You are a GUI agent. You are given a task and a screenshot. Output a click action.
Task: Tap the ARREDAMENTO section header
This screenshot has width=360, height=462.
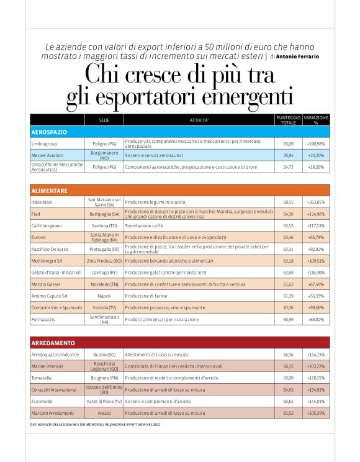[x=53, y=343]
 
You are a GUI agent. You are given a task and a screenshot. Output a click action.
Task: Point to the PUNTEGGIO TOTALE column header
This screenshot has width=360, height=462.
[x=288, y=120]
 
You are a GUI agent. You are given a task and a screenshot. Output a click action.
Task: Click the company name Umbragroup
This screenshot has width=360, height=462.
[x=45, y=143]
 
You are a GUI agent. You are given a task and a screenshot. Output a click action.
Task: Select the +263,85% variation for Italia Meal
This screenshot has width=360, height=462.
[x=315, y=202]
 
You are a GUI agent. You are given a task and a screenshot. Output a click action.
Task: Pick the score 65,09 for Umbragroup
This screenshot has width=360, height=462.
[x=288, y=143]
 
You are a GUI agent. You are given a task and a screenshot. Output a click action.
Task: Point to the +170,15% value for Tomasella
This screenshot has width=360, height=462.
[x=315, y=378]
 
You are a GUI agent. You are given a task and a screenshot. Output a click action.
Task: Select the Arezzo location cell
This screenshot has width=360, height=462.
[x=104, y=412]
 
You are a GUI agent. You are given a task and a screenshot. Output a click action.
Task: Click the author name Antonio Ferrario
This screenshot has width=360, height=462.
[x=297, y=57]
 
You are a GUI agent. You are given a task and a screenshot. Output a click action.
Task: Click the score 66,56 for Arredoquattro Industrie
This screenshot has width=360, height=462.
[x=288, y=355]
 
